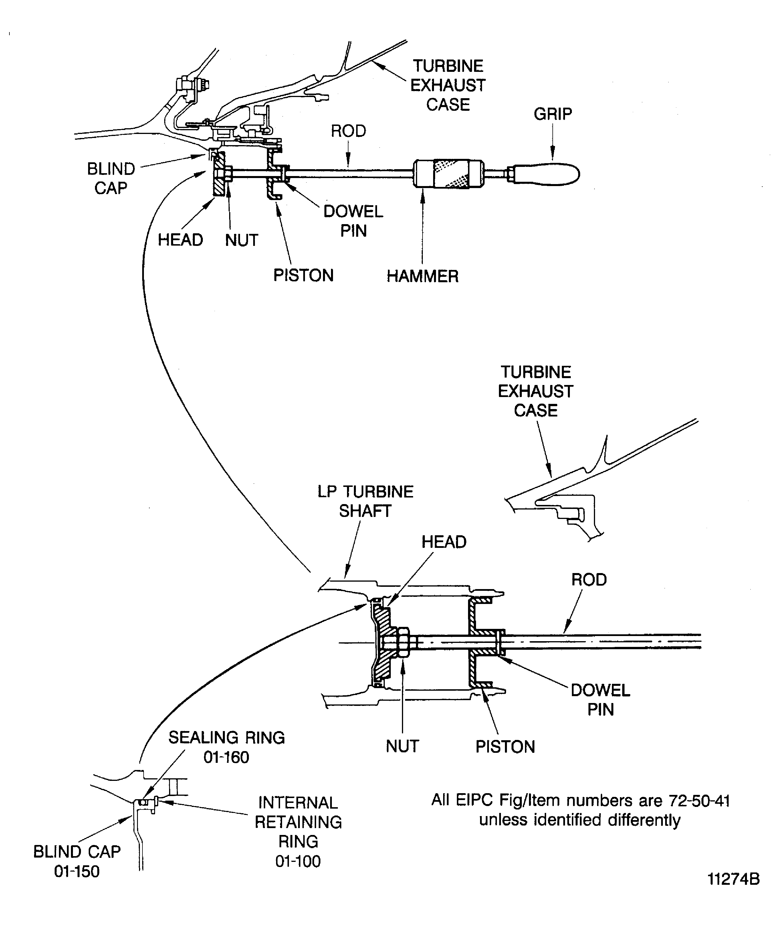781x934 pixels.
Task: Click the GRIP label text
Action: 552,114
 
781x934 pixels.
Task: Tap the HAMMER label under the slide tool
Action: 422,276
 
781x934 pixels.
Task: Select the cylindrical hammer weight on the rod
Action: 449,173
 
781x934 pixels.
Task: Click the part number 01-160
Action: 226,757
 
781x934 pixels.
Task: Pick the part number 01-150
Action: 77,871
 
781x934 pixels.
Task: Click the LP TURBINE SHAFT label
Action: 365,501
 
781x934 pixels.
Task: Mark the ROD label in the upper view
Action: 348,131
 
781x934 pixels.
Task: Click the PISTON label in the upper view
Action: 303,276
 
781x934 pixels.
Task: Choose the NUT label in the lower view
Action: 402,746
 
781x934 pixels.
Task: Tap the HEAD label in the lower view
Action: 444,542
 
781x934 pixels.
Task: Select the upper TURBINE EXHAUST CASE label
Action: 448,85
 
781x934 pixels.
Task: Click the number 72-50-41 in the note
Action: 699,801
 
